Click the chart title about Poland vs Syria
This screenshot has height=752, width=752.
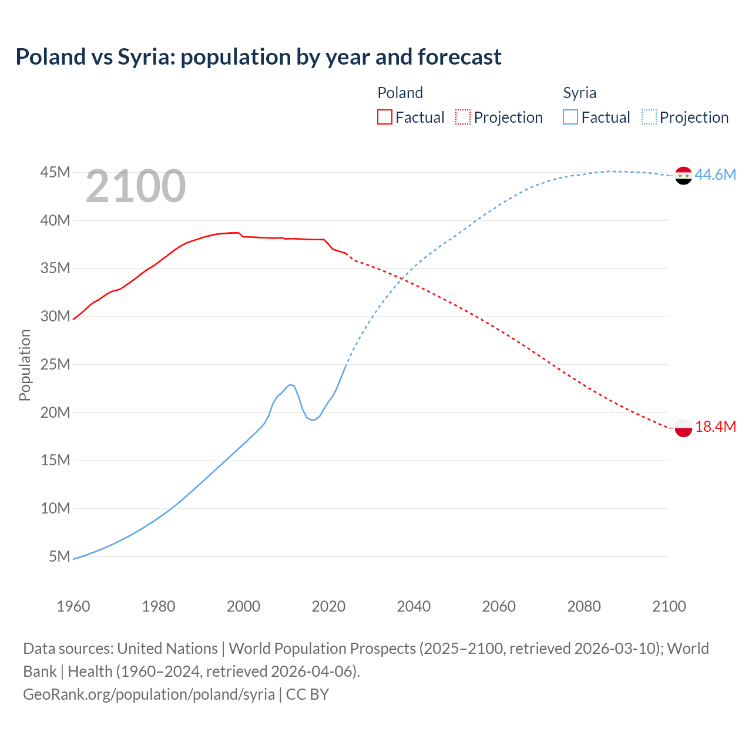point(258,57)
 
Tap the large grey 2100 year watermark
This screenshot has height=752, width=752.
point(136,186)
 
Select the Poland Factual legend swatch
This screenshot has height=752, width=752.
point(384,117)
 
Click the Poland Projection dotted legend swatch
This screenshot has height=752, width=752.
point(463,117)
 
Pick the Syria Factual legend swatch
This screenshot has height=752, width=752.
point(570,117)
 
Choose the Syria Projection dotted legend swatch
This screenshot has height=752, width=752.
point(649,117)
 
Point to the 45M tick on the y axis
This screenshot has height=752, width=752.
point(55,172)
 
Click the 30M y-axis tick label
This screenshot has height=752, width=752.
point(55,316)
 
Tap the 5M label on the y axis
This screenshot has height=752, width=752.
point(59,556)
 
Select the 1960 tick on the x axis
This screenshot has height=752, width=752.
point(73,606)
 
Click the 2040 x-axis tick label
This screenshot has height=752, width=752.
point(414,606)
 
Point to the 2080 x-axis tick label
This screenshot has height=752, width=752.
point(584,606)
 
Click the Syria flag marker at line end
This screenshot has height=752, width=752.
point(683,175)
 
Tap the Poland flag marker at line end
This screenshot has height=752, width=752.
point(683,428)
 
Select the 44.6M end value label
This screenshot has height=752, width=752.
point(715,174)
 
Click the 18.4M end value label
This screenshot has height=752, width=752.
point(715,427)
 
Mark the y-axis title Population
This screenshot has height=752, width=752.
point(25,365)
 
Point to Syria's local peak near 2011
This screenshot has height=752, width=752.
point(290,384)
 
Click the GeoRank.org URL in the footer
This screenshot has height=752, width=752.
point(149,694)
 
